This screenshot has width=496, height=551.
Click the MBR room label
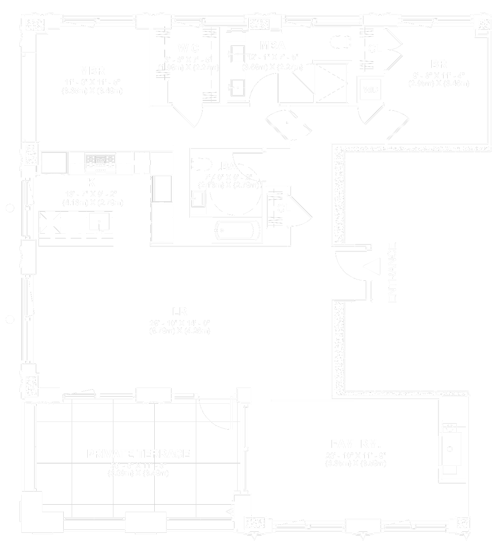(x=92, y=71)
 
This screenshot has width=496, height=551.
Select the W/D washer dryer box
(x=370, y=90)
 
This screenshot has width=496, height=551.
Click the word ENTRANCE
(x=392, y=272)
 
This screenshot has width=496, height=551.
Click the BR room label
(x=438, y=64)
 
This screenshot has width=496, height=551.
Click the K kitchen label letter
(x=91, y=183)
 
